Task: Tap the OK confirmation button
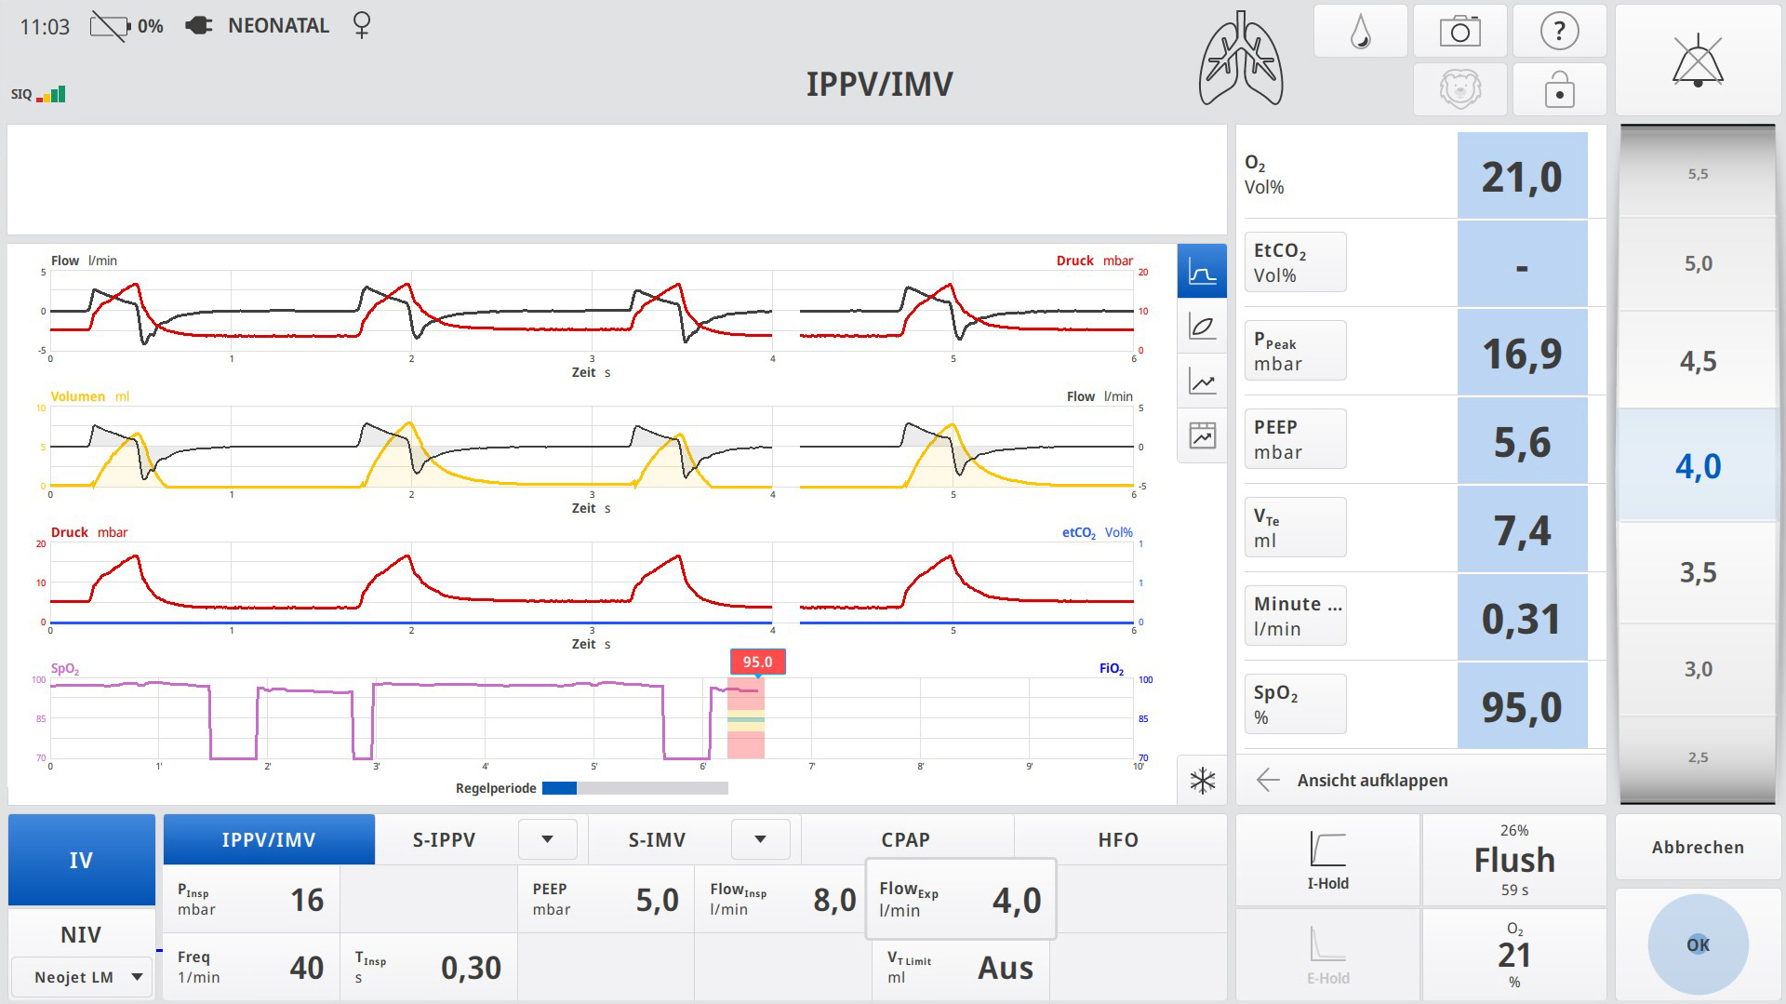click(x=1698, y=944)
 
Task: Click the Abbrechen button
click(x=1698, y=847)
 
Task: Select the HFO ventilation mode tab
click(x=1118, y=839)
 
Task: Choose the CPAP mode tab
click(x=905, y=839)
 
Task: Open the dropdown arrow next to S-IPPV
click(x=547, y=839)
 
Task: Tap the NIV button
click(x=81, y=934)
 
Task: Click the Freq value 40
click(x=306, y=968)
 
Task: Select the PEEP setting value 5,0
click(x=657, y=900)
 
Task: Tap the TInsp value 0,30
click(x=471, y=968)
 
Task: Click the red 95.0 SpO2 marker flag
click(x=757, y=662)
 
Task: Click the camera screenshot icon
click(x=1459, y=32)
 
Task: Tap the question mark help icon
click(x=1559, y=32)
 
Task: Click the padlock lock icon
click(x=1559, y=90)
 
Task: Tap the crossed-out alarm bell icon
click(x=1698, y=61)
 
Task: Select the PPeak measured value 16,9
click(x=1522, y=354)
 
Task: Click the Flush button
click(x=1513, y=860)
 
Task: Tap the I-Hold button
click(x=1327, y=860)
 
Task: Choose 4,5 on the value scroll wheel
click(x=1698, y=361)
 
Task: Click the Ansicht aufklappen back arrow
click(x=1268, y=780)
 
